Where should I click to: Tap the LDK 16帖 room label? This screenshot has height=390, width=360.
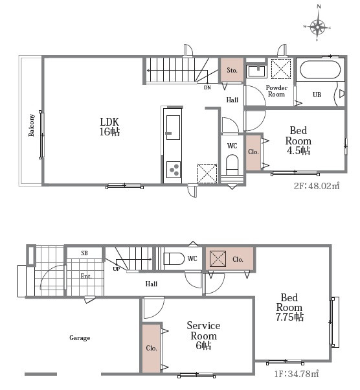109,127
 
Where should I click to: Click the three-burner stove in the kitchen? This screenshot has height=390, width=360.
174,170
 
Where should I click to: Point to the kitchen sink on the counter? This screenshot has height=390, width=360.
173,128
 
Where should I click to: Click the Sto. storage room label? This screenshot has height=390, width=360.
232,70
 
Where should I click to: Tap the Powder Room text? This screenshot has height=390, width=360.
276,91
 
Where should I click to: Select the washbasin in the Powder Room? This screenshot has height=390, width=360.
257,71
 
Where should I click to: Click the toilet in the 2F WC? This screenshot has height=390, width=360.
232,165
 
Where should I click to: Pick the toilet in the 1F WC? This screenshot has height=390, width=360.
174,258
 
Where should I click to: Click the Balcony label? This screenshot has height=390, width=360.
32,126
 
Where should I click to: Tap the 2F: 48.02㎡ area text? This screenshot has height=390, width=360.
317,186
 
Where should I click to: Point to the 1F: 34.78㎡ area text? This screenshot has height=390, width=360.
297,374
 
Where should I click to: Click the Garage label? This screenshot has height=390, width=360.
80,338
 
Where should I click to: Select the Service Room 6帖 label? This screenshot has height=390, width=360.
203,336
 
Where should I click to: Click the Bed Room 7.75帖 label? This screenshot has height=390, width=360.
289,308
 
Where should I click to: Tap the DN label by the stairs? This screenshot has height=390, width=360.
207,87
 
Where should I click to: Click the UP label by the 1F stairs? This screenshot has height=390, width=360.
117,269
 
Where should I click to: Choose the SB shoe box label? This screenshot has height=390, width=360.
85,253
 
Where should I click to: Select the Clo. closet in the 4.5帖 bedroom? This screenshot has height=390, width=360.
253,152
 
